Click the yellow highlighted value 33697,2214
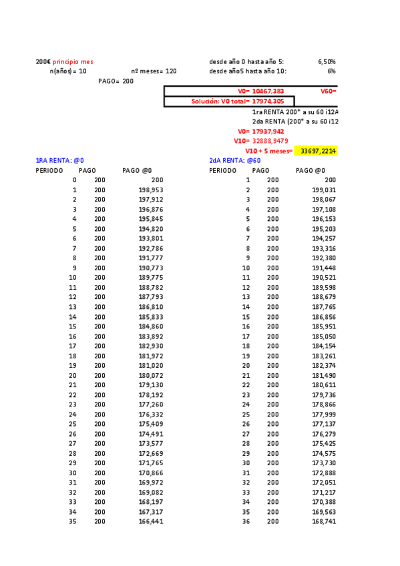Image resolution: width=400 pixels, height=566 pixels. coord(318,152)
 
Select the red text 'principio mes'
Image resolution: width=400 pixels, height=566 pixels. coord(73,62)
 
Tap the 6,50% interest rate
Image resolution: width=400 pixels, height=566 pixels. coord(327,62)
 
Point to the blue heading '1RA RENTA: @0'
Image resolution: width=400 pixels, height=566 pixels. coord(59,161)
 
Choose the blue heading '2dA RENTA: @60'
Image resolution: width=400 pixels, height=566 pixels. coord(234,161)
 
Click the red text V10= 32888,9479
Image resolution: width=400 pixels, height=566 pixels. coord(260,141)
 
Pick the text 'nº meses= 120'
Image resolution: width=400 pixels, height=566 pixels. coord(154,71)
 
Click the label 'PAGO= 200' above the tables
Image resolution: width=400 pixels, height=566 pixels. coord(116,81)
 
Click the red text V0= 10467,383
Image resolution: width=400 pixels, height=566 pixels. coord(261,91)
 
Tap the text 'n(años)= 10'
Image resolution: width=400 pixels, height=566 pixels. coord(68,71)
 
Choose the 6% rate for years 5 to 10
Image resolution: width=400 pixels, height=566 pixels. coord(331,71)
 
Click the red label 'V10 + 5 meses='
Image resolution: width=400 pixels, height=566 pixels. coord(269,152)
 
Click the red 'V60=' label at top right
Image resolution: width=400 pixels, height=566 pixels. coord(328,91)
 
